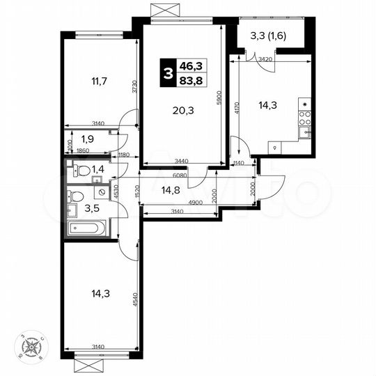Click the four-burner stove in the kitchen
tap(305, 107)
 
